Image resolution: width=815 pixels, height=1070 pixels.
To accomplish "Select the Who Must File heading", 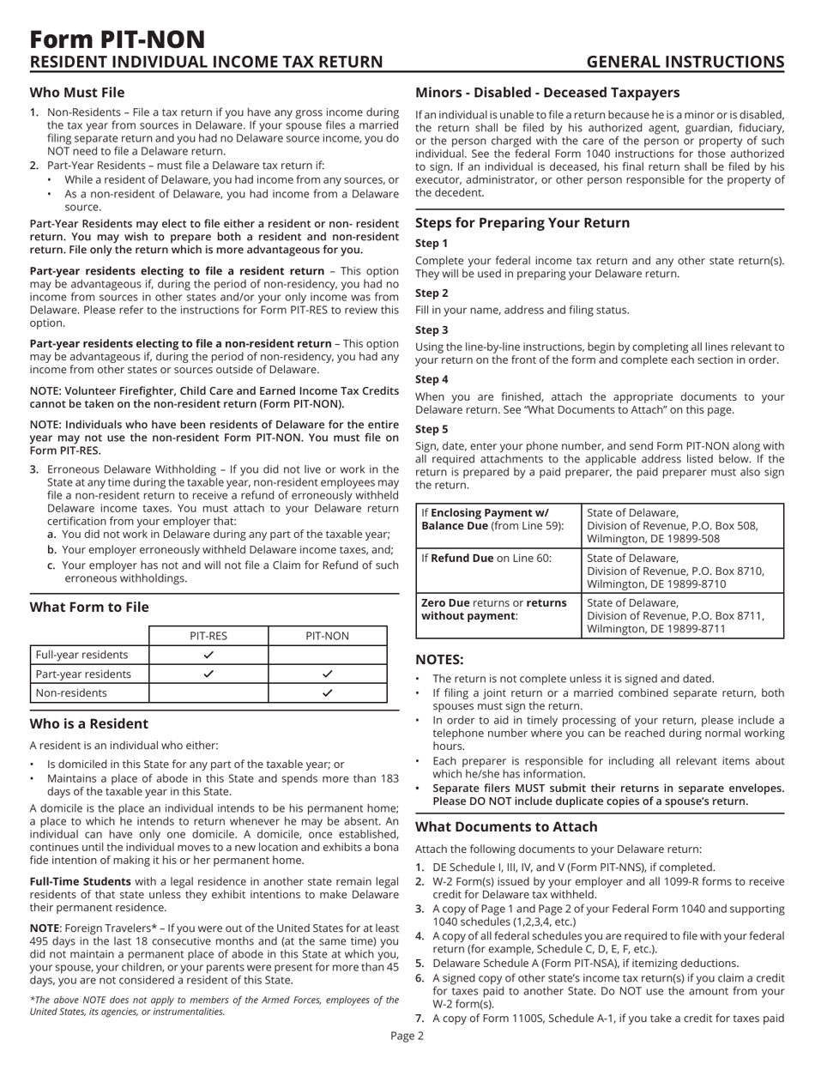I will click(78, 93).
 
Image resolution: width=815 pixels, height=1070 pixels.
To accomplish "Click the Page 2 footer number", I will click(407, 1059).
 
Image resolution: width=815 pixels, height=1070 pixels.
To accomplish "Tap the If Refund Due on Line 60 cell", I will click(494, 562).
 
